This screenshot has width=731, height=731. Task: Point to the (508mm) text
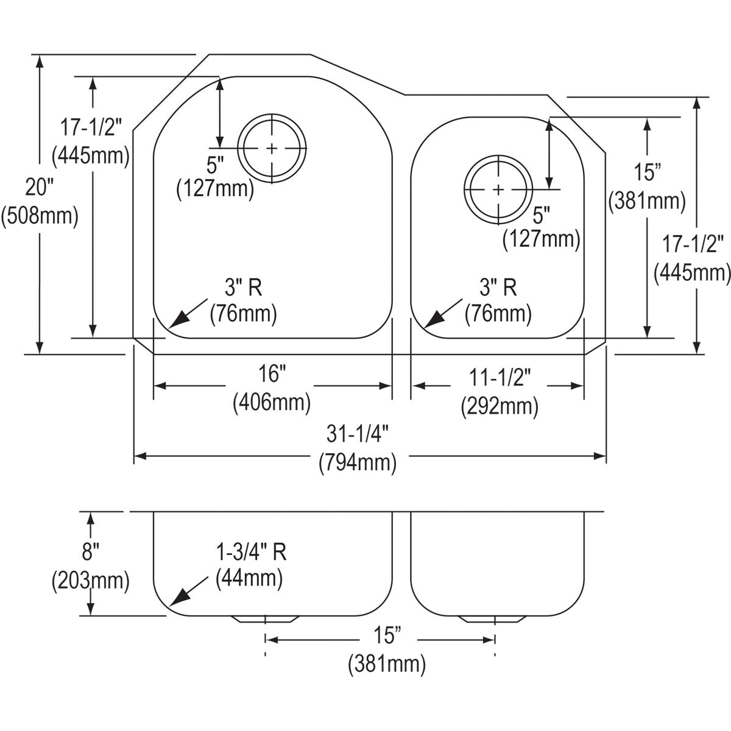40,217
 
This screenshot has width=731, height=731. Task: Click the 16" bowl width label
272,373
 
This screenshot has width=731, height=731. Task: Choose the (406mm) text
272,403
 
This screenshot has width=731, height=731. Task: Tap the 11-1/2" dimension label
500,378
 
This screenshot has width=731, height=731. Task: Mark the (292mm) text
500,407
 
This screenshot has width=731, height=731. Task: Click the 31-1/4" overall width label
358,434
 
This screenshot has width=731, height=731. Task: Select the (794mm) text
358,463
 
